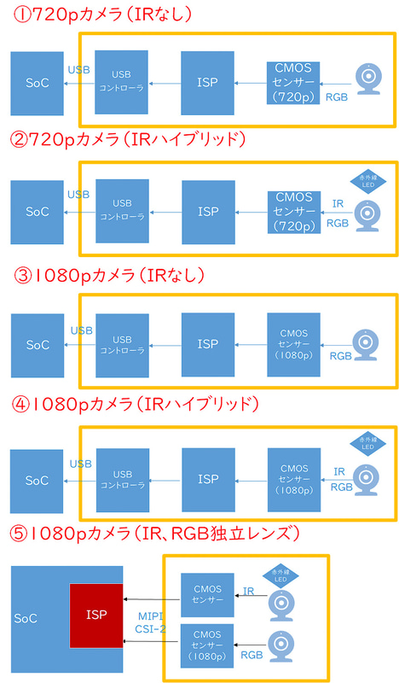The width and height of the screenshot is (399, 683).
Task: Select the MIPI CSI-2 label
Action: click(150, 622)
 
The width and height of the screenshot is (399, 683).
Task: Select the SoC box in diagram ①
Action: click(37, 82)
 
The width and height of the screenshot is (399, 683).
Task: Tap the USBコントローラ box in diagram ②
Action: click(124, 210)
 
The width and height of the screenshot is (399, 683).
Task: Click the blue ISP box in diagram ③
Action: click(208, 343)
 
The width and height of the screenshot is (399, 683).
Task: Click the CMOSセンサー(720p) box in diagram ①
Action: click(292, 83)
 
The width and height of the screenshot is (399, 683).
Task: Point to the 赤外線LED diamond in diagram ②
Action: click(368, 182)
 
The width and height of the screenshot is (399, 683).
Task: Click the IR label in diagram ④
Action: click(338, 470)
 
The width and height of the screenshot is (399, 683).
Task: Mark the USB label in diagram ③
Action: click(81, 330)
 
